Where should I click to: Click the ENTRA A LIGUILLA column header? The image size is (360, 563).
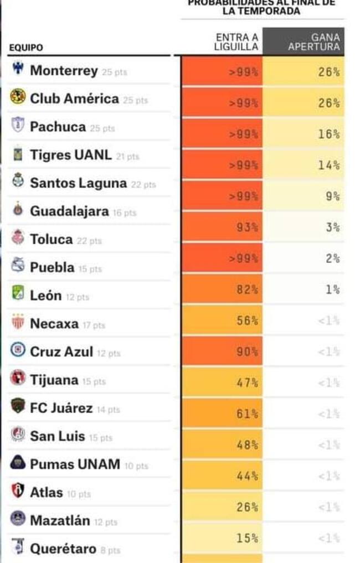point(236,42)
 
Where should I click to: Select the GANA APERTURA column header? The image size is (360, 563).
point(313,42)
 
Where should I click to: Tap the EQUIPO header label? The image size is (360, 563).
point(26,48)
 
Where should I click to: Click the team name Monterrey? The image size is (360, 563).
point(64,71)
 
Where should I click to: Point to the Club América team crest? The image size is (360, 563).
point(18,97)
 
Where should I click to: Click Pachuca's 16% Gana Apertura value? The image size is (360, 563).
point(328,134)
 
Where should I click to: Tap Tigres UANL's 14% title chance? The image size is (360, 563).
point(328,165)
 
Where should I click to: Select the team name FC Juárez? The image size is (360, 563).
point(61,409)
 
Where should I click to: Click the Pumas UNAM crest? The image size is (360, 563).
point(18,463)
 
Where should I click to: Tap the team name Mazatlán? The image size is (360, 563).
point(59,521)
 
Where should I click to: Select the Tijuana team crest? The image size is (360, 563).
point(18,378)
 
